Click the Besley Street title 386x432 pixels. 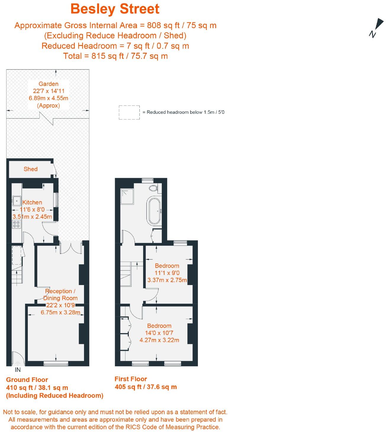(115, 9)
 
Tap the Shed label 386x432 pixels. (30, 169)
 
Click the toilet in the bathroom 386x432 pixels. (153, 188)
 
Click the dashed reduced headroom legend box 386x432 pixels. (129, 112)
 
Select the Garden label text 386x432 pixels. (49, 84)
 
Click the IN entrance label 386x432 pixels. (18, 370)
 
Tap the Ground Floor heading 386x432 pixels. (27, 380)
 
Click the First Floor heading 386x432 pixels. (130, 379)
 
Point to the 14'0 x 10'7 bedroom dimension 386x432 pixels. (159, 333)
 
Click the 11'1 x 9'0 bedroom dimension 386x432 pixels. (167, 273)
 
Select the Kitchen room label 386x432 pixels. (32, 202)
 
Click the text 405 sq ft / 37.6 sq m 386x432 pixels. (146, 387)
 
